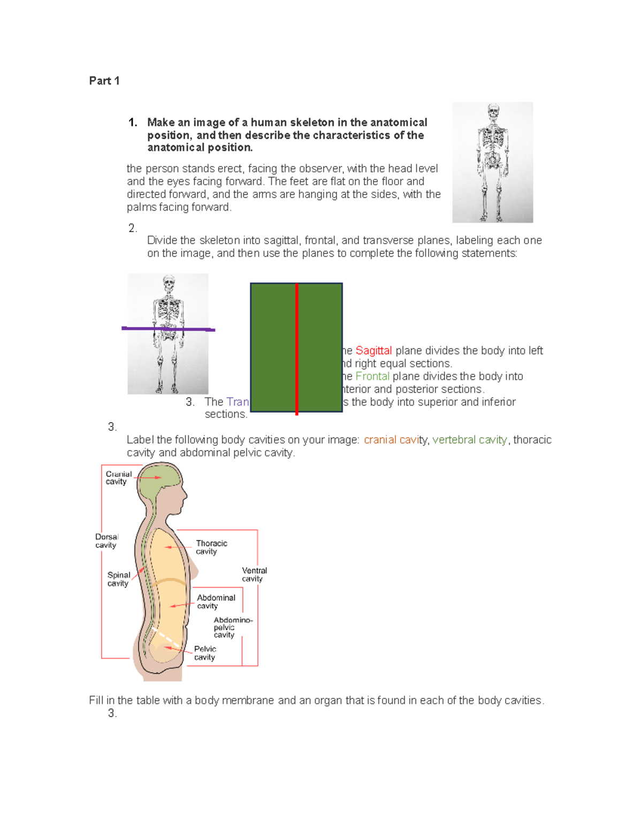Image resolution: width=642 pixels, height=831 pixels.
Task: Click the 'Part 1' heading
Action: (104, 81)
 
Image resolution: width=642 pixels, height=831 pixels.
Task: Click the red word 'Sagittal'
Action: (373, 350)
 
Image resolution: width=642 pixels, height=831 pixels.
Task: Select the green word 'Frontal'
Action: (372, 376)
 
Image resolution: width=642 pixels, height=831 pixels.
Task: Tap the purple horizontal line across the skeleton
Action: (168, 329)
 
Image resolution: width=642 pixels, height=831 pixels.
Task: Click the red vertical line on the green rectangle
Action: (296, 348)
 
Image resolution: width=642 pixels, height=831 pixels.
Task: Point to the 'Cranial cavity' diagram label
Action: (118, 478)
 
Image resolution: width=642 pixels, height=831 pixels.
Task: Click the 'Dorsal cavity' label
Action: (106, 541)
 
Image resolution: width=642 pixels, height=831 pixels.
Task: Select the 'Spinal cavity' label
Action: (118, 579)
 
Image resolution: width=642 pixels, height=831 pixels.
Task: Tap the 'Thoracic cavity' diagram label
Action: (211, 547)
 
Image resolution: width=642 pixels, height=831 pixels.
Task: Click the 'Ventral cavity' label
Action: (254, 574)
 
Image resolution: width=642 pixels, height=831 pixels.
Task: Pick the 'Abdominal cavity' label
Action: (216, 601)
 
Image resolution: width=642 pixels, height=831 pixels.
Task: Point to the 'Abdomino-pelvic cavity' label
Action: (232, 627)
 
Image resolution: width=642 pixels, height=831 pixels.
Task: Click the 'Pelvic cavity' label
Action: (205, 653)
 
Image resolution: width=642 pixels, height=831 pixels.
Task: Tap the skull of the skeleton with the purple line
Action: (169, 283)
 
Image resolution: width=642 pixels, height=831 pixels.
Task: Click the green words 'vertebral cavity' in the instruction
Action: (470, 440)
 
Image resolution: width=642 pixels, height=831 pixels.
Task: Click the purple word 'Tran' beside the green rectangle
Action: (238, 402)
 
